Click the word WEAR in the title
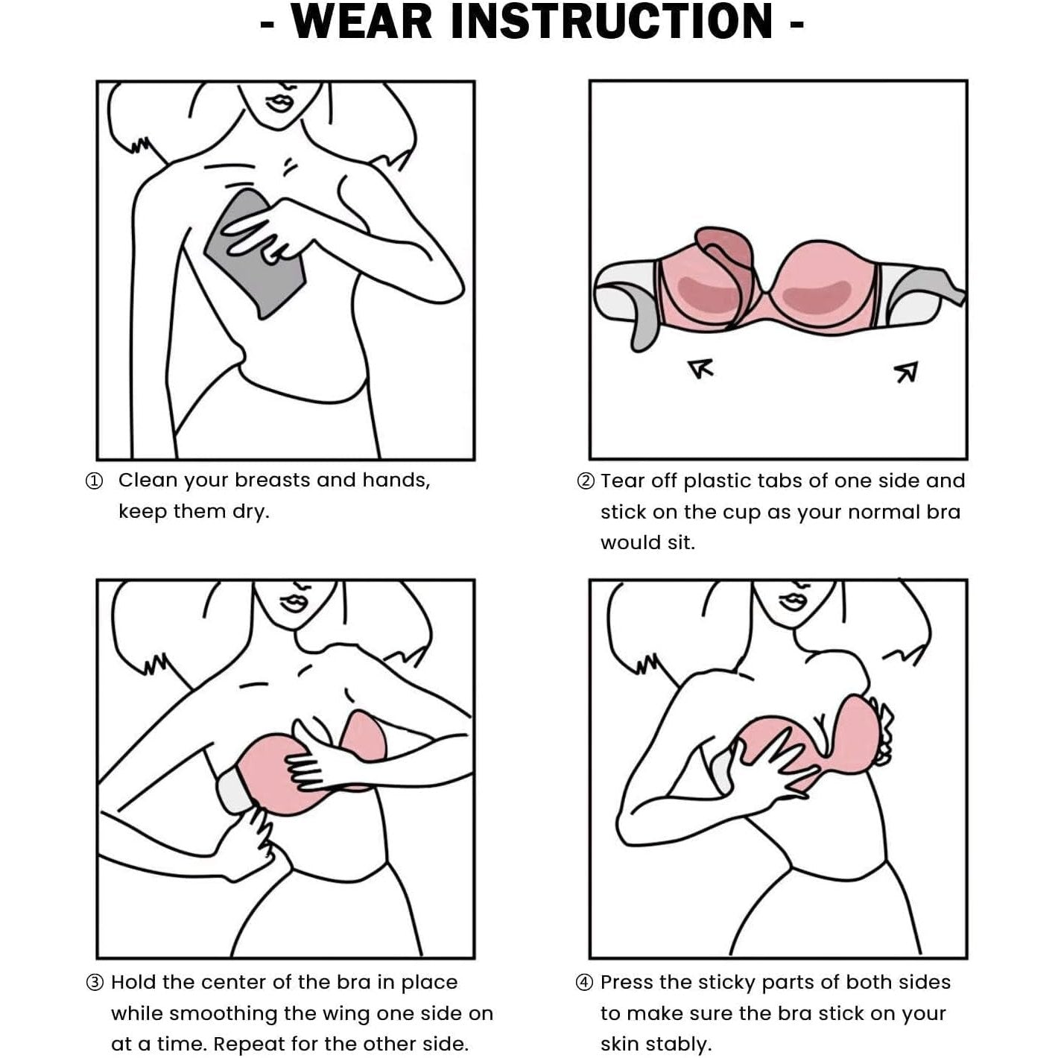point(362,22)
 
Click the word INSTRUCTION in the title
point(612,22)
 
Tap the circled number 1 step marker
point(95,481)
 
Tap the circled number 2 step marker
point(586,481)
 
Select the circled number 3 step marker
point(95,982)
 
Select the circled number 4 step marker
point(586,982)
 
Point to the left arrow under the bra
point(701,367)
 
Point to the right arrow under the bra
point(907,372)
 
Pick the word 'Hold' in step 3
point(133,982)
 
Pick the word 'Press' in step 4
point(627,982)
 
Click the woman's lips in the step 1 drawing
point(280,103)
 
